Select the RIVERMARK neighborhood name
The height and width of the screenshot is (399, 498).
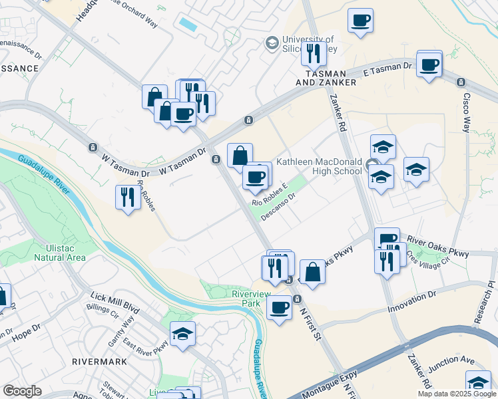100,362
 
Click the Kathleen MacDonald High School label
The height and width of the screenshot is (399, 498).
320,166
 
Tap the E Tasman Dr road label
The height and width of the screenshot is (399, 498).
388,68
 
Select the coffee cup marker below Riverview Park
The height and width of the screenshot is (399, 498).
279,307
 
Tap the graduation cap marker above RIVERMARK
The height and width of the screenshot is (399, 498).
182,334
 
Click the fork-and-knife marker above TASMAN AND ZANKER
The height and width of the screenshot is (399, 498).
314,52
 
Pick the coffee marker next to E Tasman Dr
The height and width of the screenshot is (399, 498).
429,65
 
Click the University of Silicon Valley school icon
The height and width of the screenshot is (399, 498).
272,43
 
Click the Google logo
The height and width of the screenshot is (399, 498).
23,391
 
